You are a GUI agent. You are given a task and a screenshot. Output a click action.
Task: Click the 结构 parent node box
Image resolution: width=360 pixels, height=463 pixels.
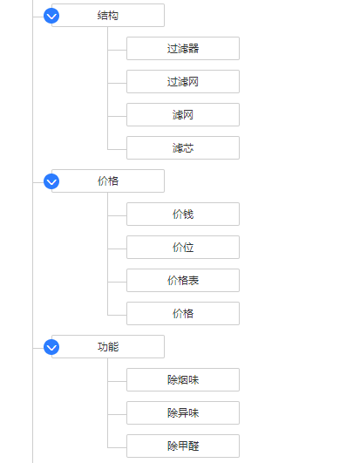[x=108, y=16]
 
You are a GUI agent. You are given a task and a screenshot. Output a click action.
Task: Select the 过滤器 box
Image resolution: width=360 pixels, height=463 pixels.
[x=183, y=49]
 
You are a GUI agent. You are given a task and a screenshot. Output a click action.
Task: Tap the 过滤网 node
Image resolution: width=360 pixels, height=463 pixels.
[x=183, y=81]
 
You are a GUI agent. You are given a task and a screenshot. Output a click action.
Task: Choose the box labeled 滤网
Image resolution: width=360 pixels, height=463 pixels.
[x=183, y=114]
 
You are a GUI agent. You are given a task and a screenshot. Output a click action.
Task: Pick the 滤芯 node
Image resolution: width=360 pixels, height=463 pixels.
[x=183, y=147]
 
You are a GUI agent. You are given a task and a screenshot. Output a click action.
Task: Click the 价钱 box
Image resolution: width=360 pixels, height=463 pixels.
[x=183, y=214]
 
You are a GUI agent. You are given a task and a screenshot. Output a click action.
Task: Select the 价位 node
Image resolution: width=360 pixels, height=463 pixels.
[x=183, y=247]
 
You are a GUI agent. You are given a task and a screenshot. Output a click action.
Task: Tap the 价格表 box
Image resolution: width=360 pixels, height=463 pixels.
[x=183, y=280]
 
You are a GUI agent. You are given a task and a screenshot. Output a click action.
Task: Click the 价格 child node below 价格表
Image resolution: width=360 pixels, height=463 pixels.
[x=183, y=313]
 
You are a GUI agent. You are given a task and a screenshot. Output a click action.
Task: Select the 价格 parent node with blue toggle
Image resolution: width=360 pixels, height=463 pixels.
[x=108, y=181]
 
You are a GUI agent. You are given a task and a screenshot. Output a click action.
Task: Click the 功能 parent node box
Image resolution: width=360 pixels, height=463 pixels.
[x=108, y=347]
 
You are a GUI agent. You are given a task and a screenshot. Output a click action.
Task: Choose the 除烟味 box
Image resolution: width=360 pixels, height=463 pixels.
[x=183, y=380]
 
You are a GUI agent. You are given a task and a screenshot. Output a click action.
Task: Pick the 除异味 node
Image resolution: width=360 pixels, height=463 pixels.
[x=183, y=412]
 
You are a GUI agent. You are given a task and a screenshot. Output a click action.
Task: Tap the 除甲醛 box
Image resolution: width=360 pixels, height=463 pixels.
[x=183, y=446]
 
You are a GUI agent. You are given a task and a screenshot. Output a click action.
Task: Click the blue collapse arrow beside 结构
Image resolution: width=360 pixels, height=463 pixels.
[x=51, y=16]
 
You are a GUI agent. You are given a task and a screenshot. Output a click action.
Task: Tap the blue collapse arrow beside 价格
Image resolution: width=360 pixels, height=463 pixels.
[x=51, y=181]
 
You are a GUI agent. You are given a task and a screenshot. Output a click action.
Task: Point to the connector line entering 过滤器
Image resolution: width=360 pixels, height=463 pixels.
[x=117, y=51]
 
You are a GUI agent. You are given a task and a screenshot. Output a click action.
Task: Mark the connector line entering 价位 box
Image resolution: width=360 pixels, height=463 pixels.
[x=117, y=249]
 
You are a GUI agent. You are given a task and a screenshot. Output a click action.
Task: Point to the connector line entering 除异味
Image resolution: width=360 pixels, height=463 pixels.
[x=117, y=414]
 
